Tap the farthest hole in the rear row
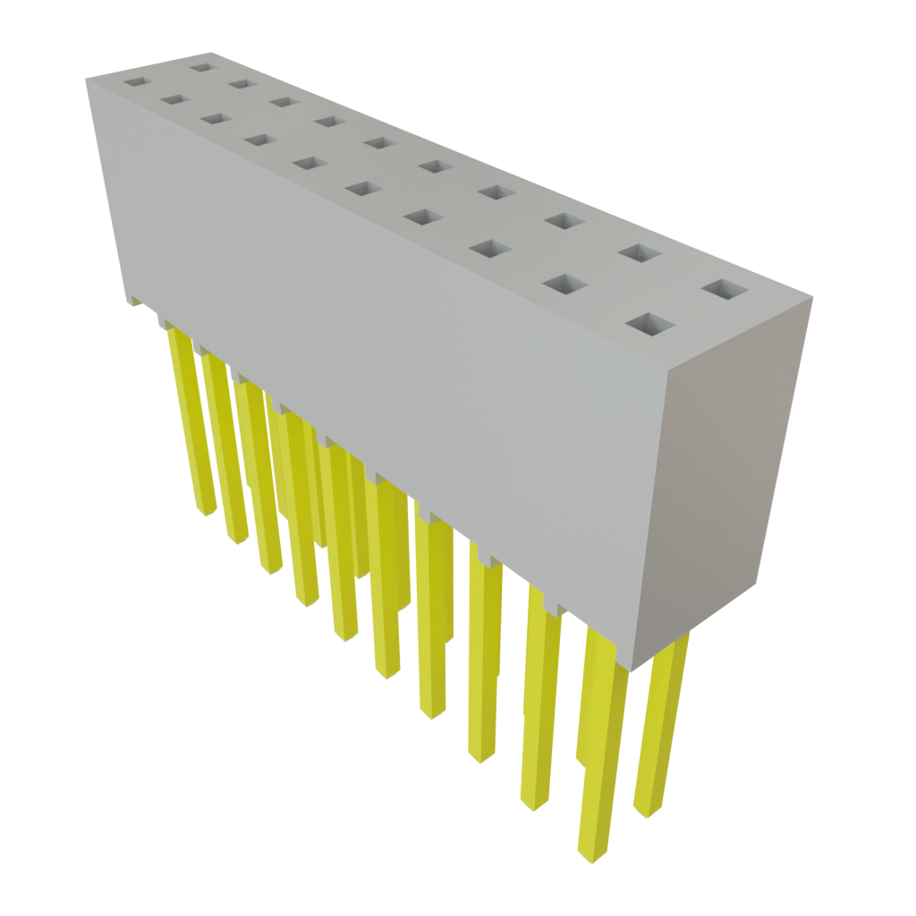click(202, 65)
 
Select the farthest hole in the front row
click(134, 81)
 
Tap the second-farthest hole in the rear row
click(240, 83)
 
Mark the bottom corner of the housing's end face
click(633, 669)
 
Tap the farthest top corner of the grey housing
click(211, 52)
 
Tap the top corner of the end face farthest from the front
click(812, 301)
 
